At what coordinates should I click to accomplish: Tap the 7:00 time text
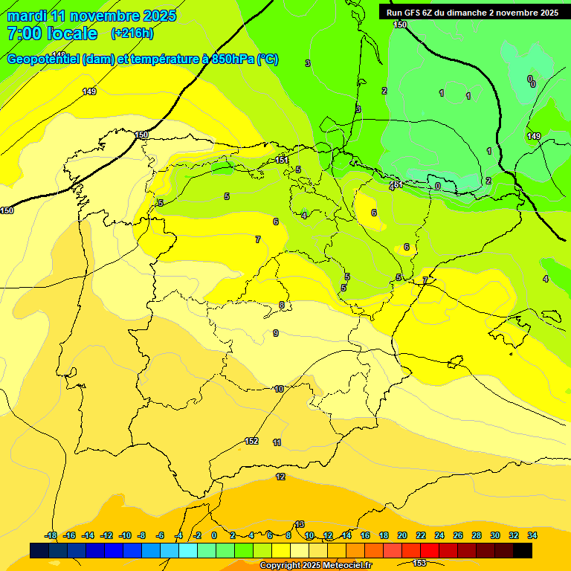coord(23,33)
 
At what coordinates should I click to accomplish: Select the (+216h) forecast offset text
coord(132,33)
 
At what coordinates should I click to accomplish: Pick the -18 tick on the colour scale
coord(51,535)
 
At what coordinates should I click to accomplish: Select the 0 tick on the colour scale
coord(214,535)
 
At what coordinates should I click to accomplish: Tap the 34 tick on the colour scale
coord(532,535)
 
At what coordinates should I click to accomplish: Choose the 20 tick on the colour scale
coord(402,535)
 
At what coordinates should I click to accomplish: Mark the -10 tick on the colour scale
coord(125,535)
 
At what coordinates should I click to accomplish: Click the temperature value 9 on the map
coord(276,333)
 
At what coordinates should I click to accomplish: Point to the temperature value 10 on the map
coord(279,389)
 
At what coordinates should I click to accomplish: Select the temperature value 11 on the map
coord(277,442)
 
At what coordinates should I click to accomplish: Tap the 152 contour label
coord(251,441)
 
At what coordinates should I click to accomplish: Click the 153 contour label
coord(419,563)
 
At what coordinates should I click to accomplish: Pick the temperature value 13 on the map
coord(300,524)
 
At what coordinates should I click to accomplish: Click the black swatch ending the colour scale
coord(523,550)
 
